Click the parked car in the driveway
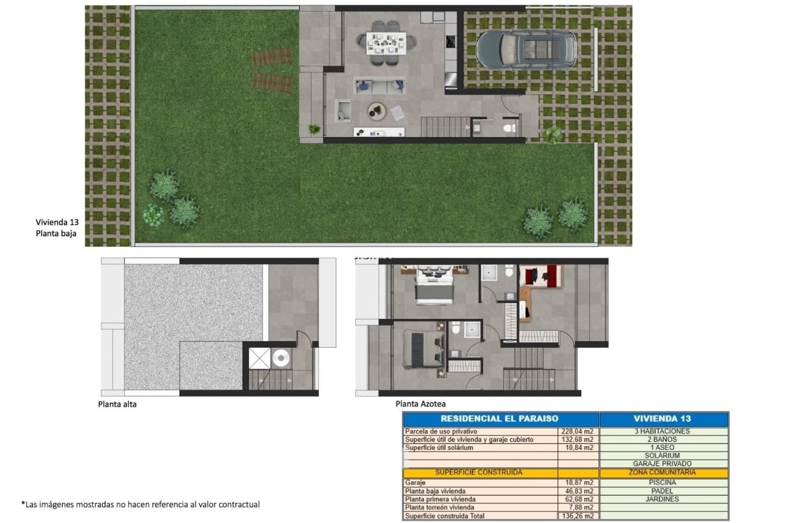(x=527, y=49)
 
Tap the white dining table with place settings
(x=386, y=43)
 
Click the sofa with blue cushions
(x=379, y=85)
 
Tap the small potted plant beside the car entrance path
(x=552, y=134)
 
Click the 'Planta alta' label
(x=117, y=404)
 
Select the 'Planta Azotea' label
(x=420, y=404)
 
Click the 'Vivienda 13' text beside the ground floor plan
(x=57, y=222)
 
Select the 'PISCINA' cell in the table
(x=662, y=482)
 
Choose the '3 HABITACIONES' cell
(x=662, y=431)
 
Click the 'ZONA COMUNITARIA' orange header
(x=662, y=473)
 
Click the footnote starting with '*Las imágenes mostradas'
(x=141, y=505)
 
